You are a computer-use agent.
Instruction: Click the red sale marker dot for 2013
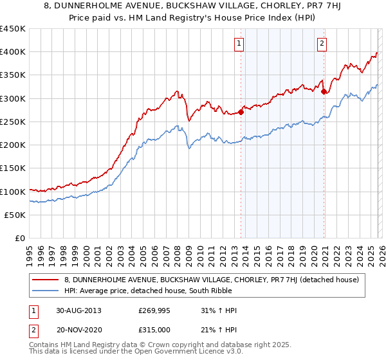click(x=241, y=112)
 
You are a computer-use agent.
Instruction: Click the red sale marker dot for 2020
click(x=323, y=91)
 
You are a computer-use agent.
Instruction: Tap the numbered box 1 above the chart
click(x=239, y=44)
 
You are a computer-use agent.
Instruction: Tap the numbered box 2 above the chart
click(x=321, y=44)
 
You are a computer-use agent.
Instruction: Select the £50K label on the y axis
click(x=15, y=215)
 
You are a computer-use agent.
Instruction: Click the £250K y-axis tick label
click(x=13, y=122)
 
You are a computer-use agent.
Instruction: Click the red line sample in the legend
click(x=46, y=279)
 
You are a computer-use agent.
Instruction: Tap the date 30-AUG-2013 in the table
click(x=78, y=310)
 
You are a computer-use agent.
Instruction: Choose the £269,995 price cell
click(x=152, y=310)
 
